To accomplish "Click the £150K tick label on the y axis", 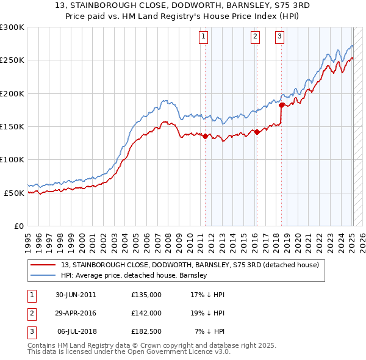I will coord(12,126).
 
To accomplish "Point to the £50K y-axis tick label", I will coord(14,193).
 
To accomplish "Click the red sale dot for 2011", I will coord(205,137).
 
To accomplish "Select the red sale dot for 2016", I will coord(257,132).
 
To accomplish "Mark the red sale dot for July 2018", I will coord(281,105).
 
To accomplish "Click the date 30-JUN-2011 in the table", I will coord(76,295).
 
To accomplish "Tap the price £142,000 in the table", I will coord(146,313).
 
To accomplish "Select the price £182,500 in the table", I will coord(146,331).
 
